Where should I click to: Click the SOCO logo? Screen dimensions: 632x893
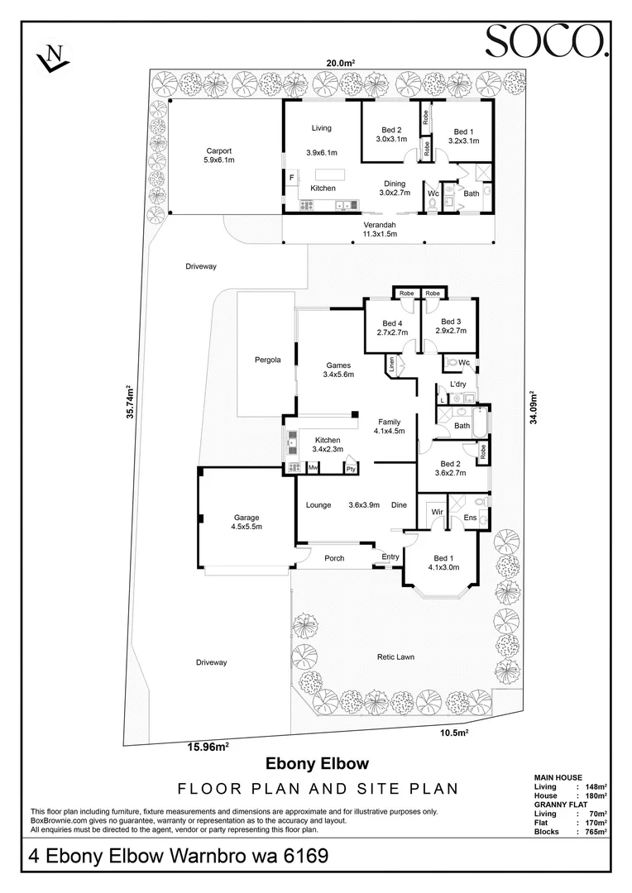[x=547, y=41]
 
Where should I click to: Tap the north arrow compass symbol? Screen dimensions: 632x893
[x=52, y=57]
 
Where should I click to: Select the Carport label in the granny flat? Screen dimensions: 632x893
[x=219, y=155]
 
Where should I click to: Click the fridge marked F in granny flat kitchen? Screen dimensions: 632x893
[x=292, y=178]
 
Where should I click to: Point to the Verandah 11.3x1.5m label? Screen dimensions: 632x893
[x=380, y=229]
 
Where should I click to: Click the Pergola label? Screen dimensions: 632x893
[x=267, y=360]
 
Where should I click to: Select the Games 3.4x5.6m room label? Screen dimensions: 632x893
[x=338, y=370]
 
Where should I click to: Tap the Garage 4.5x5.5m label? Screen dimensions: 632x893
[x=247, y=522]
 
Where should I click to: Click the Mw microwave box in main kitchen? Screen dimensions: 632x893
[x=313, y=467]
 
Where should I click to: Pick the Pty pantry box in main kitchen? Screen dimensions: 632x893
[x=350, y=467]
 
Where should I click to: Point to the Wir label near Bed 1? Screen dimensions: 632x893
[x=437, y=512]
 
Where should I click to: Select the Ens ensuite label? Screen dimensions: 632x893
[x=470, y=518]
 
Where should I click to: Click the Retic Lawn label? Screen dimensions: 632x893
[x=395, y=657]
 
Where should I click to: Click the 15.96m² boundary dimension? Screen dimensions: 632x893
[x=208, y=747]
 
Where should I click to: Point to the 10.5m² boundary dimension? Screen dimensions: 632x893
[x=454, y=733]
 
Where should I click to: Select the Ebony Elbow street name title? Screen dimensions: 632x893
[x=318, y=763]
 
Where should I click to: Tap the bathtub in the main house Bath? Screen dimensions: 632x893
[x=481, y=423]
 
